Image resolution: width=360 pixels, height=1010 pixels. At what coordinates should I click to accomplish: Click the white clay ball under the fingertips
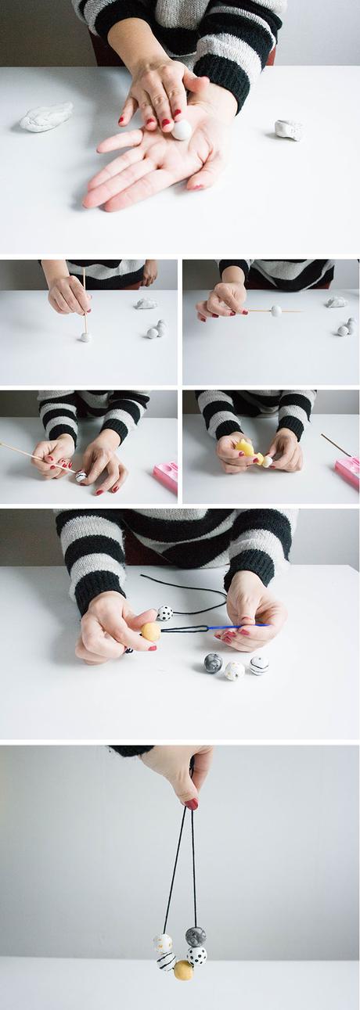pyautogui.click(x=182, y=130)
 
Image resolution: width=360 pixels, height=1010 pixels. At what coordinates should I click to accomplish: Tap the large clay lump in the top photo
pyautogui.click(x=46, y=117)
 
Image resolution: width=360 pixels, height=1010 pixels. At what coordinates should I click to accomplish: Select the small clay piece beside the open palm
pyautogui.click(x=289, y=129)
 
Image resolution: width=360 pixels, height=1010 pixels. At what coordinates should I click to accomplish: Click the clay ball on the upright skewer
pyautogui.click(x=85, y=337)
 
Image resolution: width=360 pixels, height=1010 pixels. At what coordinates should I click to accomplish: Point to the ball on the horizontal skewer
pyautogui.click(x=275, y=311)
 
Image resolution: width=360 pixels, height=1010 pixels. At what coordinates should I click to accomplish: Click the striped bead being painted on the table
pyautogui.click(x=81, y=476)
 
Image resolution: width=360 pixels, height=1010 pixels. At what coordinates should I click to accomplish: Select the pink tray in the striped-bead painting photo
pyautogui.click(x=166, y=476)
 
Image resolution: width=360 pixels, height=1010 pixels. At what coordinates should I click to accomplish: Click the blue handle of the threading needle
pyautogui.click(x=235, y=626)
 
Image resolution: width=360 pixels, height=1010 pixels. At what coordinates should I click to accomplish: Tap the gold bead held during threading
pyautogui.click(x=151, y=631)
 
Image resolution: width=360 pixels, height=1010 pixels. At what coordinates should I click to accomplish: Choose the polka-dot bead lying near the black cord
pyautogui.click(x=165, y=613)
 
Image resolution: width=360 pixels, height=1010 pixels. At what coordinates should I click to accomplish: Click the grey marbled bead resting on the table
pyautogui.click(x=213, y=663)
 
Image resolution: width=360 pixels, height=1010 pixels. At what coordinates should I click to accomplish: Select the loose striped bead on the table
pyautogui.click(x=259, y=665)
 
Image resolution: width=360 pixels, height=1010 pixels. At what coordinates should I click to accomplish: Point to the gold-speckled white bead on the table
pyautogui.click(x=234, y=670)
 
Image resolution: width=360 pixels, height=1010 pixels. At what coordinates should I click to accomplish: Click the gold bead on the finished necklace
pyautogui.click(x=183, y=969)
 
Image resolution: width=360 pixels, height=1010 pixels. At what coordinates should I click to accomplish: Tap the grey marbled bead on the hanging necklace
pyautogui.click(x=196, y=936)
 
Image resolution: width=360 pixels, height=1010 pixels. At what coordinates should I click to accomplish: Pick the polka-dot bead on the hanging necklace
pyautogui.click(x=197, y=955)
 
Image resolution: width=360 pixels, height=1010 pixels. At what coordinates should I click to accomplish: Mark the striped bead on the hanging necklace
pyautogui.click(x=166, y=961)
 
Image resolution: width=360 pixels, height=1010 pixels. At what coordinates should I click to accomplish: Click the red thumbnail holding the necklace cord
pyautogui.click(x=191, y=803)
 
